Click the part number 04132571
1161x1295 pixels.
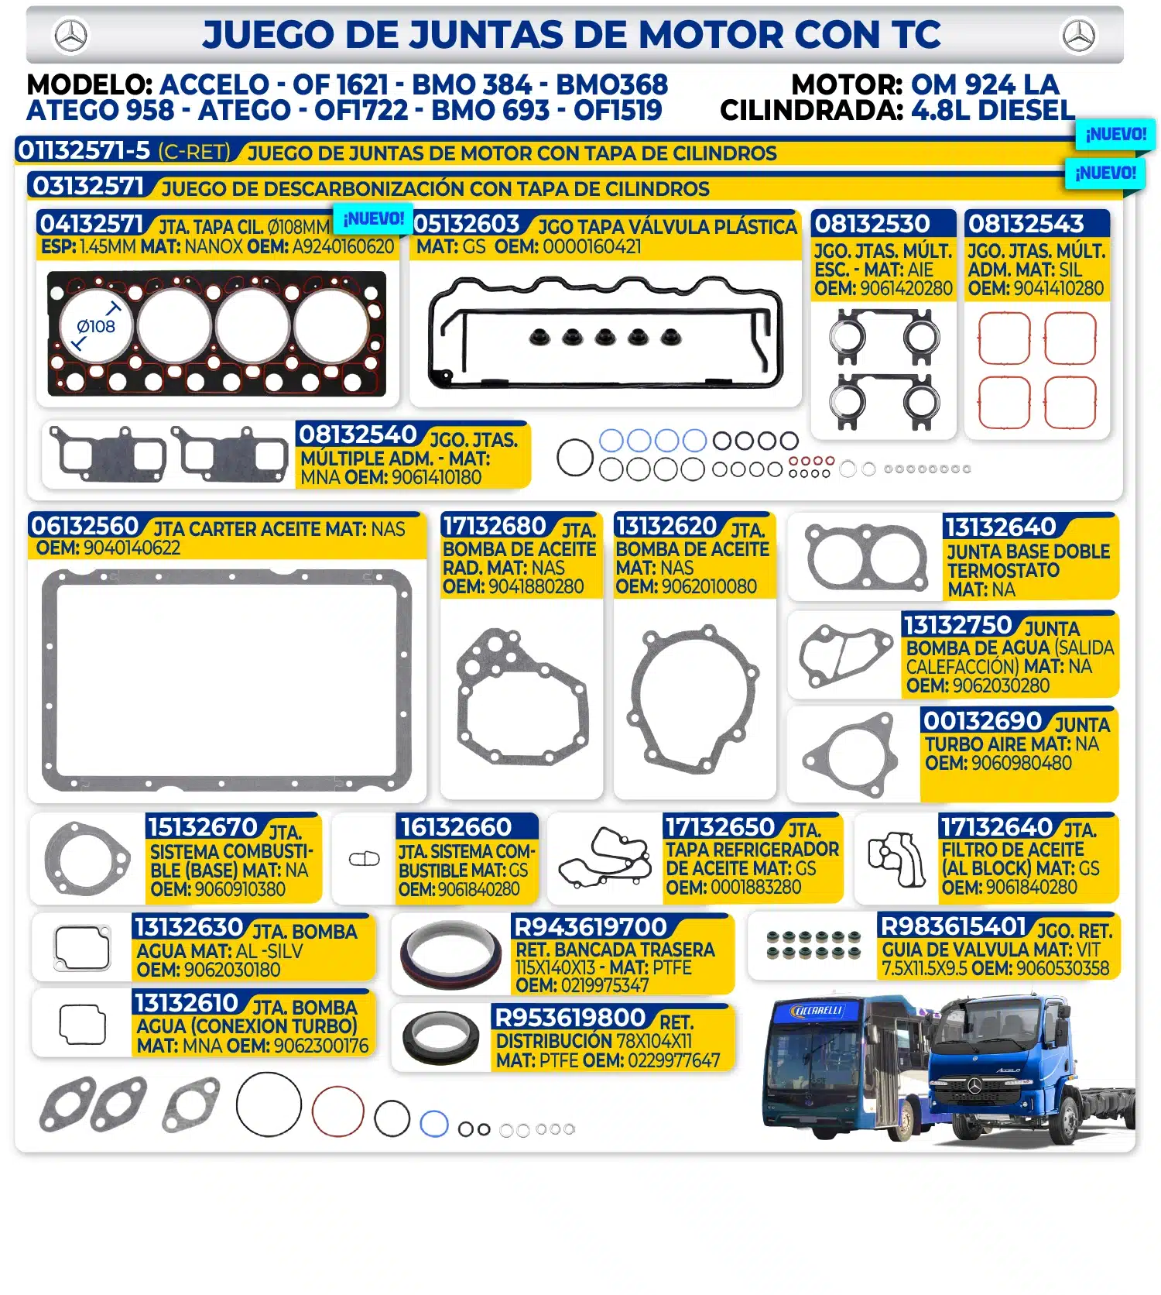[x=91, y=224]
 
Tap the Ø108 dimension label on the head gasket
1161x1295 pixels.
[x=96, y=327]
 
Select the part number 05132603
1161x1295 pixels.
[x=466, y=224]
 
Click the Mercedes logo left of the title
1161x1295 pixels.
[x=71, y=36]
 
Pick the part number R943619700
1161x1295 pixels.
[x=590, y=926]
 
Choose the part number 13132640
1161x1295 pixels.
[x=1000, y=527]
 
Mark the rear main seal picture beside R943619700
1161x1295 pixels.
[x=451, y=953]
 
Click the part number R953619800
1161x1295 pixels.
[x=570, y=1017]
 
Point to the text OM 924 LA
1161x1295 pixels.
[x=985, y=84]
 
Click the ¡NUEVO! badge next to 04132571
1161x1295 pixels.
[x=373, y=218]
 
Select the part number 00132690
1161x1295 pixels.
[x=982, y=721]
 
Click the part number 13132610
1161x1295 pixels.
[x=186, y=1003]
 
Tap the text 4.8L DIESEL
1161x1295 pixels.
[x=993, y=111]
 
